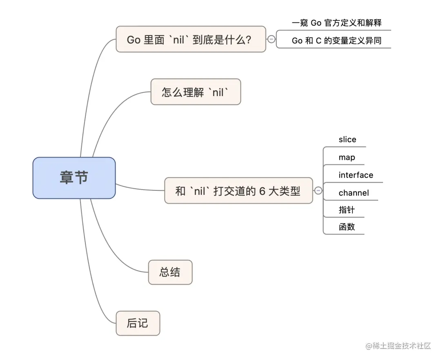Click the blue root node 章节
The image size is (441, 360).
coord(74,178)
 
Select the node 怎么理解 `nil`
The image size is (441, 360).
coord(196,92)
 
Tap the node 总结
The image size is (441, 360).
coord(170,272)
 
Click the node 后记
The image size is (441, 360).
coord(138,323)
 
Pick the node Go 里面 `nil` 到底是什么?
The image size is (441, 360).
coord(190,39)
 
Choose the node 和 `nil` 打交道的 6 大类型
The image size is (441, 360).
coord(238,191)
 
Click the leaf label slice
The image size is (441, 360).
coord(347,140)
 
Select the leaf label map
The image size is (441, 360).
coord(346,158)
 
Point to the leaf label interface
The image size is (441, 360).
coord(356,175)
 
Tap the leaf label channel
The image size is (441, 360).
coord(353,193)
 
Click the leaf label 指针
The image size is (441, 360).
coord(346,210)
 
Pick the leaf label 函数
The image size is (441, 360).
coord(346,227)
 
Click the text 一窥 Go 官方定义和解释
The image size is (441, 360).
coord(336,23)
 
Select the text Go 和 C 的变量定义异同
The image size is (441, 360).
coord(336,41)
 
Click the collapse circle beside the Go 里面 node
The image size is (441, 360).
coord(271,39)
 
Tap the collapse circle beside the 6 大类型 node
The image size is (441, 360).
coord(318,191)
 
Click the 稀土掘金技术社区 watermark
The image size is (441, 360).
coord(398,346)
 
